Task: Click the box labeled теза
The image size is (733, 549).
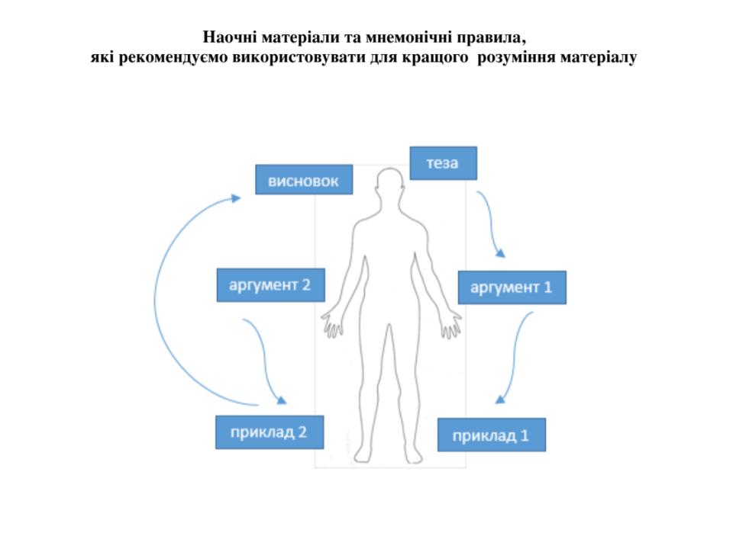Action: click(x=443, y=163)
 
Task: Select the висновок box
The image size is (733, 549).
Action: click(x=303, y=181)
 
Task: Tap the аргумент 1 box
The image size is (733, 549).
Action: click(x=512, y=287)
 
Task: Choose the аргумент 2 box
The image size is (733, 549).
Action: click(x=270, y=285)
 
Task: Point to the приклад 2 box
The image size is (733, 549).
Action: click(x=269, y=432)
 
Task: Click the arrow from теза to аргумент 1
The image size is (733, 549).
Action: click(x=492, y=225)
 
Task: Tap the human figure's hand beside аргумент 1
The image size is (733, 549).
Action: click(x=450, y=326)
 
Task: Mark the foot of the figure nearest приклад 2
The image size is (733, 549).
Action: click(x=370, y=456)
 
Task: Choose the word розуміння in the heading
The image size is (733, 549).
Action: click(x=516, y=57)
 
